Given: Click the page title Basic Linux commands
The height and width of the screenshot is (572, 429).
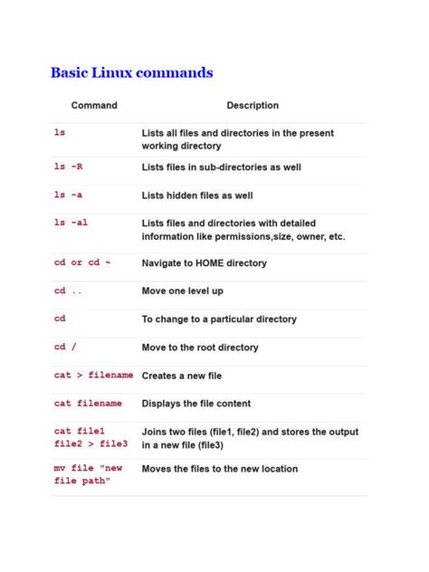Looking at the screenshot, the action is tap(132, 72).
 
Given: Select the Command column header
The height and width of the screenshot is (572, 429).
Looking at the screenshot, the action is tap(94, 106).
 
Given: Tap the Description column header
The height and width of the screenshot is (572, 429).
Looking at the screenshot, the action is tap(253, 106).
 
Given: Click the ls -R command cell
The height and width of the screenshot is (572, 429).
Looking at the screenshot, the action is tap(69, 167).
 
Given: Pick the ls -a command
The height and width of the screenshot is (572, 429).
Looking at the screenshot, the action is tap(69, 195).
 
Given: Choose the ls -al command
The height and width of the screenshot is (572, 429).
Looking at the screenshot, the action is tap(71, 223).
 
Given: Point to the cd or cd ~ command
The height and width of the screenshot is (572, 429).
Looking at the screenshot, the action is tap(82, 262).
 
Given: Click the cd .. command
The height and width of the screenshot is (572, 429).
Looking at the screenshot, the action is tap(69, 291).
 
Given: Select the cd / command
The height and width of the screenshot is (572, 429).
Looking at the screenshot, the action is tap(66, 347).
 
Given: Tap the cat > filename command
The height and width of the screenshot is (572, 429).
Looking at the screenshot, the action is tap(93, 375).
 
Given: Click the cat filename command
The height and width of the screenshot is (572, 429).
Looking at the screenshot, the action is tap(89, 404).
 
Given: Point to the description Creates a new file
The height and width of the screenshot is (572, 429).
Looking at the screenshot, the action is tap(182, 375).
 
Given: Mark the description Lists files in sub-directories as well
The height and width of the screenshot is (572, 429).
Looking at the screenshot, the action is tap(222, 167).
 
